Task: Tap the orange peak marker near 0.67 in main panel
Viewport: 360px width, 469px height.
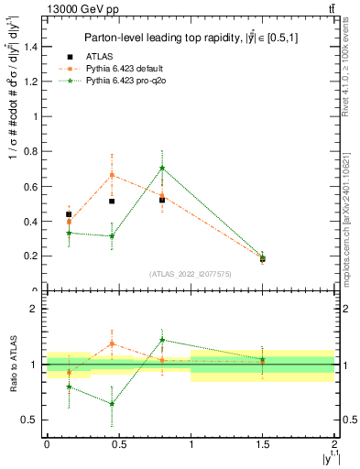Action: click(x=112, y=175)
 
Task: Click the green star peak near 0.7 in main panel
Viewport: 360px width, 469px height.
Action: click(x=162, y=168)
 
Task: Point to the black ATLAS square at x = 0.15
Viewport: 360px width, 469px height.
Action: click(x=69, y=214)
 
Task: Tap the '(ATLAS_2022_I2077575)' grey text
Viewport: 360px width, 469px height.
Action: click(x=191, y=274)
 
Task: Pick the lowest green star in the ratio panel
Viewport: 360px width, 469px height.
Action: click(x=112, y=404)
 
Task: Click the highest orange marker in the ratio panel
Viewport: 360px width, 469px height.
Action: click(x=112, y=344)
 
